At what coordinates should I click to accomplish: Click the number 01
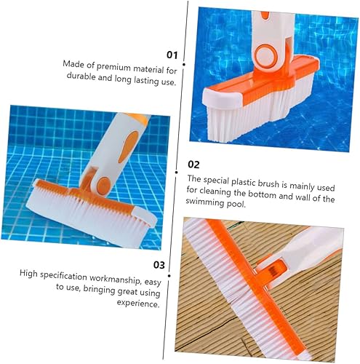[x=172, y=54]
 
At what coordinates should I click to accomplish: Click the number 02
[x=193, y=165]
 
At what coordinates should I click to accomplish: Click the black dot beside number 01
[x=183, y=64]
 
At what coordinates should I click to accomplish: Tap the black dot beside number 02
[x=183, y=165]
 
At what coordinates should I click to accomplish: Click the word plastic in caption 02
[x=253, y=178]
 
